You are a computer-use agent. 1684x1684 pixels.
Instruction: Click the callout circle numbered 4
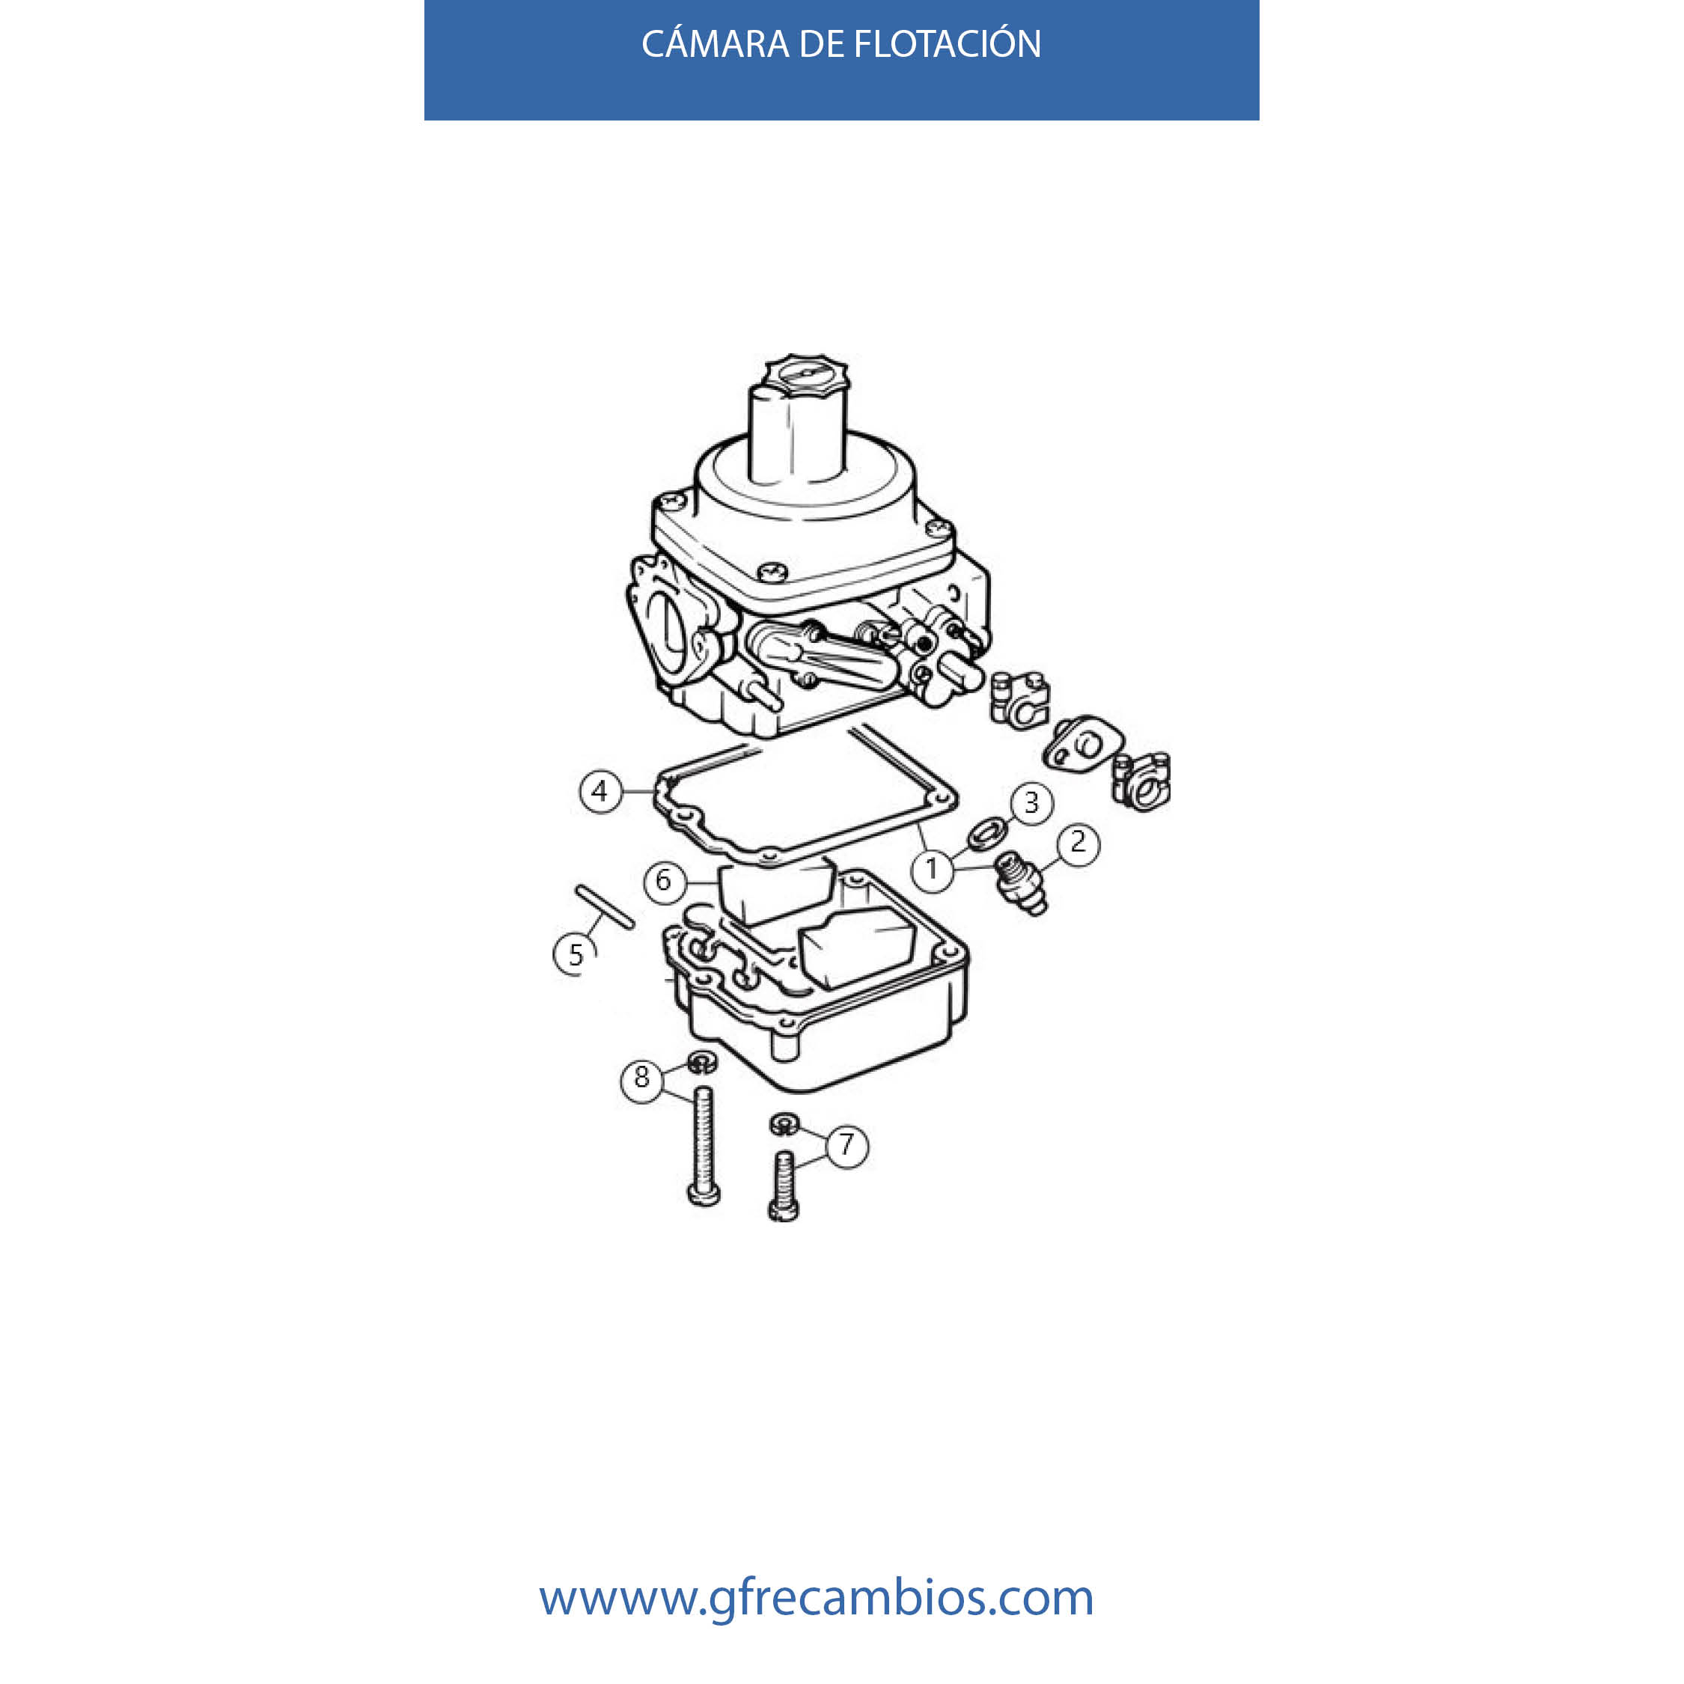pos(600,791)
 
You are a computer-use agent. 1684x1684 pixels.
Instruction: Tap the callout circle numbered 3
pos(1032,802)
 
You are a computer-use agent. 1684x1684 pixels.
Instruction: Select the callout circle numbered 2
pos(1079,842)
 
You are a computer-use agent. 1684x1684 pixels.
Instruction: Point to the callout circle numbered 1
pos(932,869)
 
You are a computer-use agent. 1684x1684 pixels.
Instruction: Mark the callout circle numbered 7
pos(847,1144)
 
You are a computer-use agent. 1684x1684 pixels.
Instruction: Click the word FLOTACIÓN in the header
pos(947,43)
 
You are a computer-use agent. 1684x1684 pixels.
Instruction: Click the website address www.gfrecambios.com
pos(816,1595)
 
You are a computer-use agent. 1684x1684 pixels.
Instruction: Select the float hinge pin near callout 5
pos(605,907)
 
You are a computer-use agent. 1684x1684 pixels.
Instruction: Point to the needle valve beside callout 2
pos(1022,883)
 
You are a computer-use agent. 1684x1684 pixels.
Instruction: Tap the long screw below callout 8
pos(704,1145)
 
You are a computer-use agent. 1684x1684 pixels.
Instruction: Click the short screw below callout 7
pos(784,1185)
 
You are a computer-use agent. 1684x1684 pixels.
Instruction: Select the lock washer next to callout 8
pos(702,1063)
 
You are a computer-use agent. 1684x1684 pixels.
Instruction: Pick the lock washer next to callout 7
pos(784,1123)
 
